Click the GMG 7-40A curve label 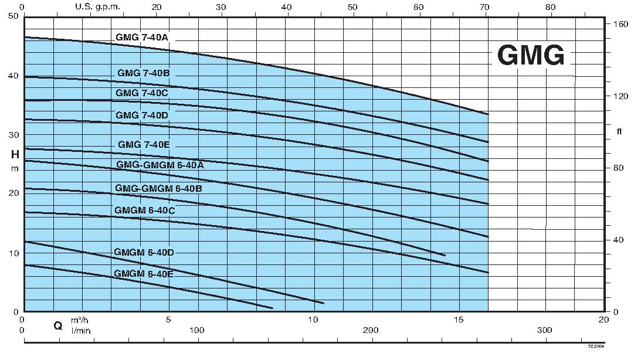pyautogui.click(x=141, y=38)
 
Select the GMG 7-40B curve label pyautogui.click(x=143, y=73)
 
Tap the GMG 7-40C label pyautogui.click(x=143, y=93)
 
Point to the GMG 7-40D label pyautogui.click(x=142, y=115)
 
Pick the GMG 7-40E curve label pyautogui.click(x=144, y=144)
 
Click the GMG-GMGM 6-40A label pyautogui.click(x=160, y=165)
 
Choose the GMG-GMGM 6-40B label pyautogui.click(x=159, y=189)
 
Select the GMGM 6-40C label pyautogui.click(x=145, y=210)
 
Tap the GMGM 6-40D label pyautogui.click(x=144, y=252)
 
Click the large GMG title pyautogui.click(x=531, y=56)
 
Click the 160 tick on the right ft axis pyautogui.click(x=620, y=25)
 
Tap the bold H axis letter pyautogui.click(x=14, y=155)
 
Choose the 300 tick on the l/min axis pyautogui.click(x=545, y=331)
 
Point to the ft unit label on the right pyautogui.click(x=620, y=131)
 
